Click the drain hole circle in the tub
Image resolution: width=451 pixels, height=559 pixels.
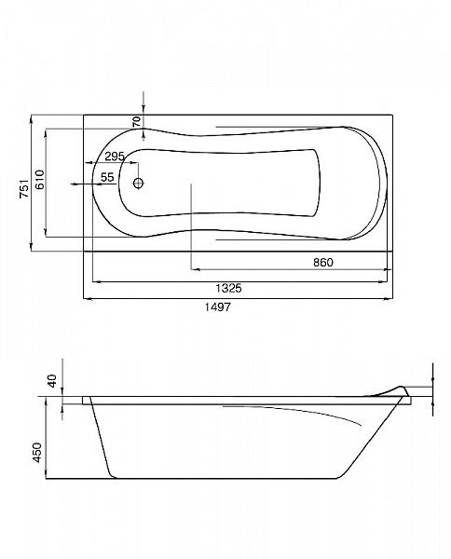tap(138, 184)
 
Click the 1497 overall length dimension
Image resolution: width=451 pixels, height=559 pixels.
tap(218, 307)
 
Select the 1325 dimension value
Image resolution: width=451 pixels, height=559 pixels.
tap(228, 288)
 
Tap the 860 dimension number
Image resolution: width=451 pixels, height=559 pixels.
tap(323, 263)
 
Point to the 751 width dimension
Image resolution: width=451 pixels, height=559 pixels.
tap(24, 188)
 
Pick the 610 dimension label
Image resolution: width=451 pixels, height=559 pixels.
tap(39, 180)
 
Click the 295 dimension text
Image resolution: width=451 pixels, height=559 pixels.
tap(115, 157)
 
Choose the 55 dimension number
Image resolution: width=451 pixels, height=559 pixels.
tap(107, 177)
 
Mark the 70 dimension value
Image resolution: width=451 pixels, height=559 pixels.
tap(137, 122)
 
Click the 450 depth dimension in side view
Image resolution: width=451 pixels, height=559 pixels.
tap(37, 453)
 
